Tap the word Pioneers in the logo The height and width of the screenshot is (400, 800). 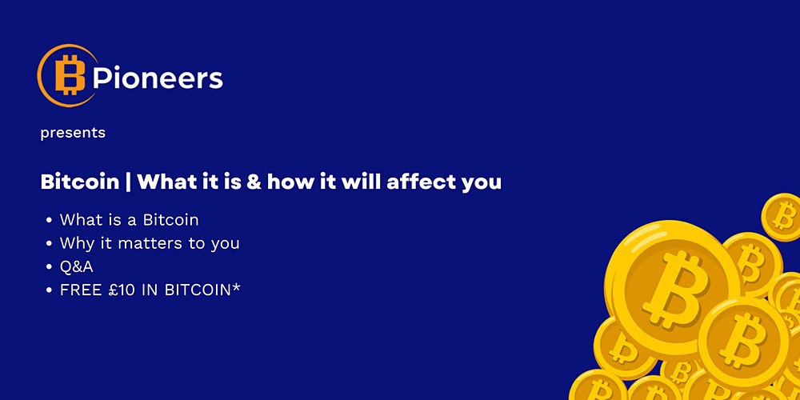[x=157, y=78]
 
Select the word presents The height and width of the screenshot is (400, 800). [x=73, y=133]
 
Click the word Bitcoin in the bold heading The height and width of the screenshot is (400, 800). [x=78, y=182]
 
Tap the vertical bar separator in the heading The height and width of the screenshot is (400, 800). [x=127, y=182]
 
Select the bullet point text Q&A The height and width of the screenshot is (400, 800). [x=77, y=266]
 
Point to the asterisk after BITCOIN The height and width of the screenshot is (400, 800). [x=236, y=287]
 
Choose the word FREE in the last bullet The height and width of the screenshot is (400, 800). [x=80, y=290]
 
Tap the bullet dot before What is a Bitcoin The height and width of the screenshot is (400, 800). [x=50, y=220]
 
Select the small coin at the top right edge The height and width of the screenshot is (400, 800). [x=782, y=216]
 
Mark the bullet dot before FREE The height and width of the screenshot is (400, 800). [x=50, y=290]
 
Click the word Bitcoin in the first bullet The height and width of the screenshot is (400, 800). [x=170, y=220]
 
